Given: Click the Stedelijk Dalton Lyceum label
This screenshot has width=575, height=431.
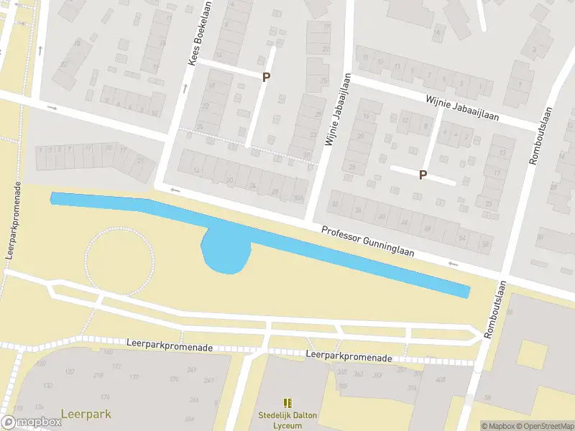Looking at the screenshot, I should [287, 420].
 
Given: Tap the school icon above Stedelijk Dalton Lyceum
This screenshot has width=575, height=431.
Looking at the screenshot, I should [287, 404].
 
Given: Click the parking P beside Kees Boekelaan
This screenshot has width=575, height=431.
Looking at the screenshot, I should [266, 78].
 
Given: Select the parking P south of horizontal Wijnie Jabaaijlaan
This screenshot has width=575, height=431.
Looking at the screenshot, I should [423, 175].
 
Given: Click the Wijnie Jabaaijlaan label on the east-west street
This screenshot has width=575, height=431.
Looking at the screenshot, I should [461, 108].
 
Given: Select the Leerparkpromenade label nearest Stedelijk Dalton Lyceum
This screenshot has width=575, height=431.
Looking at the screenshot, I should [349, 357].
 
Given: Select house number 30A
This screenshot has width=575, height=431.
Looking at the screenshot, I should [298, 198].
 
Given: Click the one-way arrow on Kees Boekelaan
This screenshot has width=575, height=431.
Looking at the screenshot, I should [185, 89].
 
